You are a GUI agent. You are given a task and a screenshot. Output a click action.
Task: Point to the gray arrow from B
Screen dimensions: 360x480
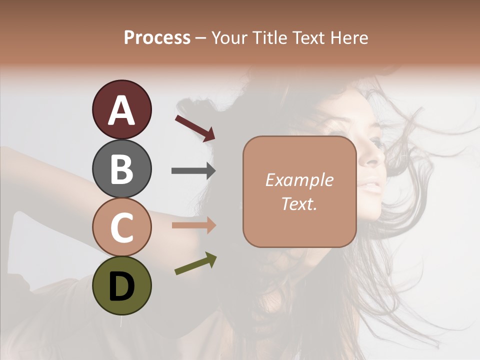[x=193, y=171]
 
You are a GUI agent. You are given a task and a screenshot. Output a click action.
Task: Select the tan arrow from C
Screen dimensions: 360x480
[x=193, y=225]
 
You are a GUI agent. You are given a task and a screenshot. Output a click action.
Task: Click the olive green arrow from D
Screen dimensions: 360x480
[x=195, y=263]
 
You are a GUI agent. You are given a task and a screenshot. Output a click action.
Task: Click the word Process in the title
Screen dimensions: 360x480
[x=157, y=37]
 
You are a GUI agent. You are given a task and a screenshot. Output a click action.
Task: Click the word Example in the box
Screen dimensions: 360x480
[x=299, y=180]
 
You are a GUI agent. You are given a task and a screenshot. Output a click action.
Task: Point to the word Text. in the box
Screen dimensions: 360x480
[x=299, y=204]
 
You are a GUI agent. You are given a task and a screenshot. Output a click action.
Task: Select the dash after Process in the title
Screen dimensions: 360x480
[x=201, y=38]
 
